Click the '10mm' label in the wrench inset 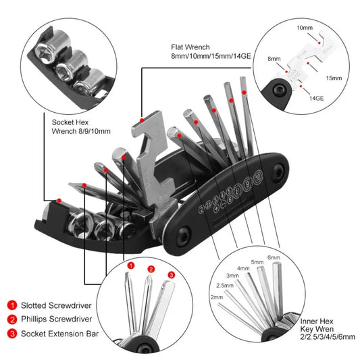coord(305,28)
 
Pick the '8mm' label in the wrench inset coord(273,59)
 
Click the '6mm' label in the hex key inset coord(274,257)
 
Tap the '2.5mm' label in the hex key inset coord(225,286)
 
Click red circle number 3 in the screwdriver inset coord(172,275)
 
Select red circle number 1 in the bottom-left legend coord(12,305)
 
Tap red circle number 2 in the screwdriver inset coord(152,269)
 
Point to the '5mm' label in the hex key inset coord(257,263)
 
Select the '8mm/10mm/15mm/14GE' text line coord(210,59)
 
